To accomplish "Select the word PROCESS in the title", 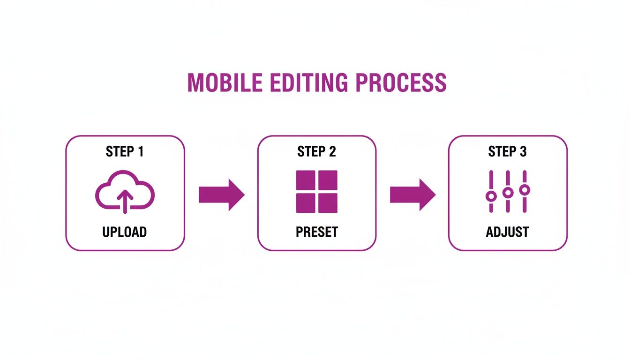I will tap(401, 82).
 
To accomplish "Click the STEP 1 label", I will tap(125, 151).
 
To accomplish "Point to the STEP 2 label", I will tap(317, 151).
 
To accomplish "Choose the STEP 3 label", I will tap(508, 151).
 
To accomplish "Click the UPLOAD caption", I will tap(125, 232).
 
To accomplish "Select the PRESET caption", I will tap(317, 232).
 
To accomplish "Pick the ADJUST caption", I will tap(508, 232).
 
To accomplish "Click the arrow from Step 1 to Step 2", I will tap(221, 194).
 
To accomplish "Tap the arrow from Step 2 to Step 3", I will tap(412, 194).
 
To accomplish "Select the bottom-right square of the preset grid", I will tap(328, 202).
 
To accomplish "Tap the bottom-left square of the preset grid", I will tap(306, 202).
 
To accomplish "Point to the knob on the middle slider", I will tap(508, 192).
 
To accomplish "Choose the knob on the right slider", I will tap(525, 189).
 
